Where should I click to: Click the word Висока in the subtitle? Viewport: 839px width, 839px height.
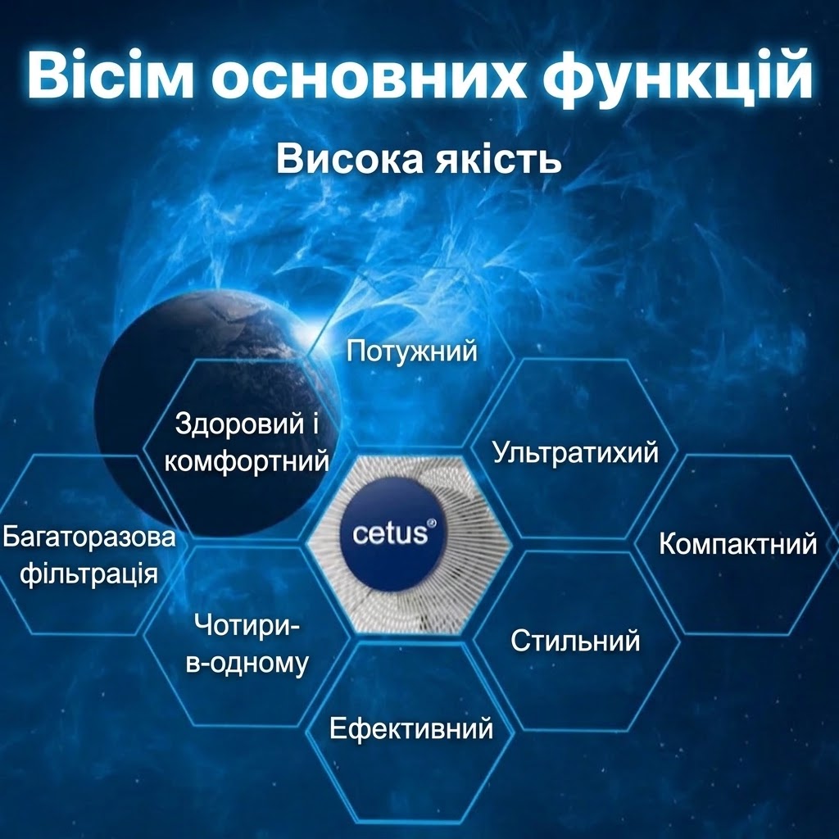point(349,159)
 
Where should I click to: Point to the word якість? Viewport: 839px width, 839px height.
point(497,159)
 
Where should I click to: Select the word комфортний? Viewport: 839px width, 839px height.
point(247,460)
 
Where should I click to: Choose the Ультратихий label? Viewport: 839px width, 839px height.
point(575,452)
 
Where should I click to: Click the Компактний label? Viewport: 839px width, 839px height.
point(738,544)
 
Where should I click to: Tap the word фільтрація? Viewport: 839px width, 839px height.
point(89,574)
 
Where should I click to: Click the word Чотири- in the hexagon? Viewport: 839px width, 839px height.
point(247,624)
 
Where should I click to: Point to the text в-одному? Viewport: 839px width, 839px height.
point(247,662)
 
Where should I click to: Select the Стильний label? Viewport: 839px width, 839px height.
point(575,641)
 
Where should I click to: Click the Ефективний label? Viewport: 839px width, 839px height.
point(411,728)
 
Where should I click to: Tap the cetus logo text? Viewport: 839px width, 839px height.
point(391,533)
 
